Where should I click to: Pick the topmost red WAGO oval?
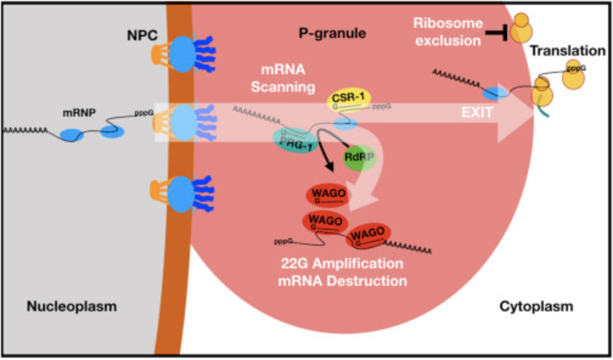pos(328,196)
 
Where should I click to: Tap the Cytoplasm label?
pos(536,306)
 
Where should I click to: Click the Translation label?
pos(567,50)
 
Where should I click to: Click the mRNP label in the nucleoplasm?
pos(80,112)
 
